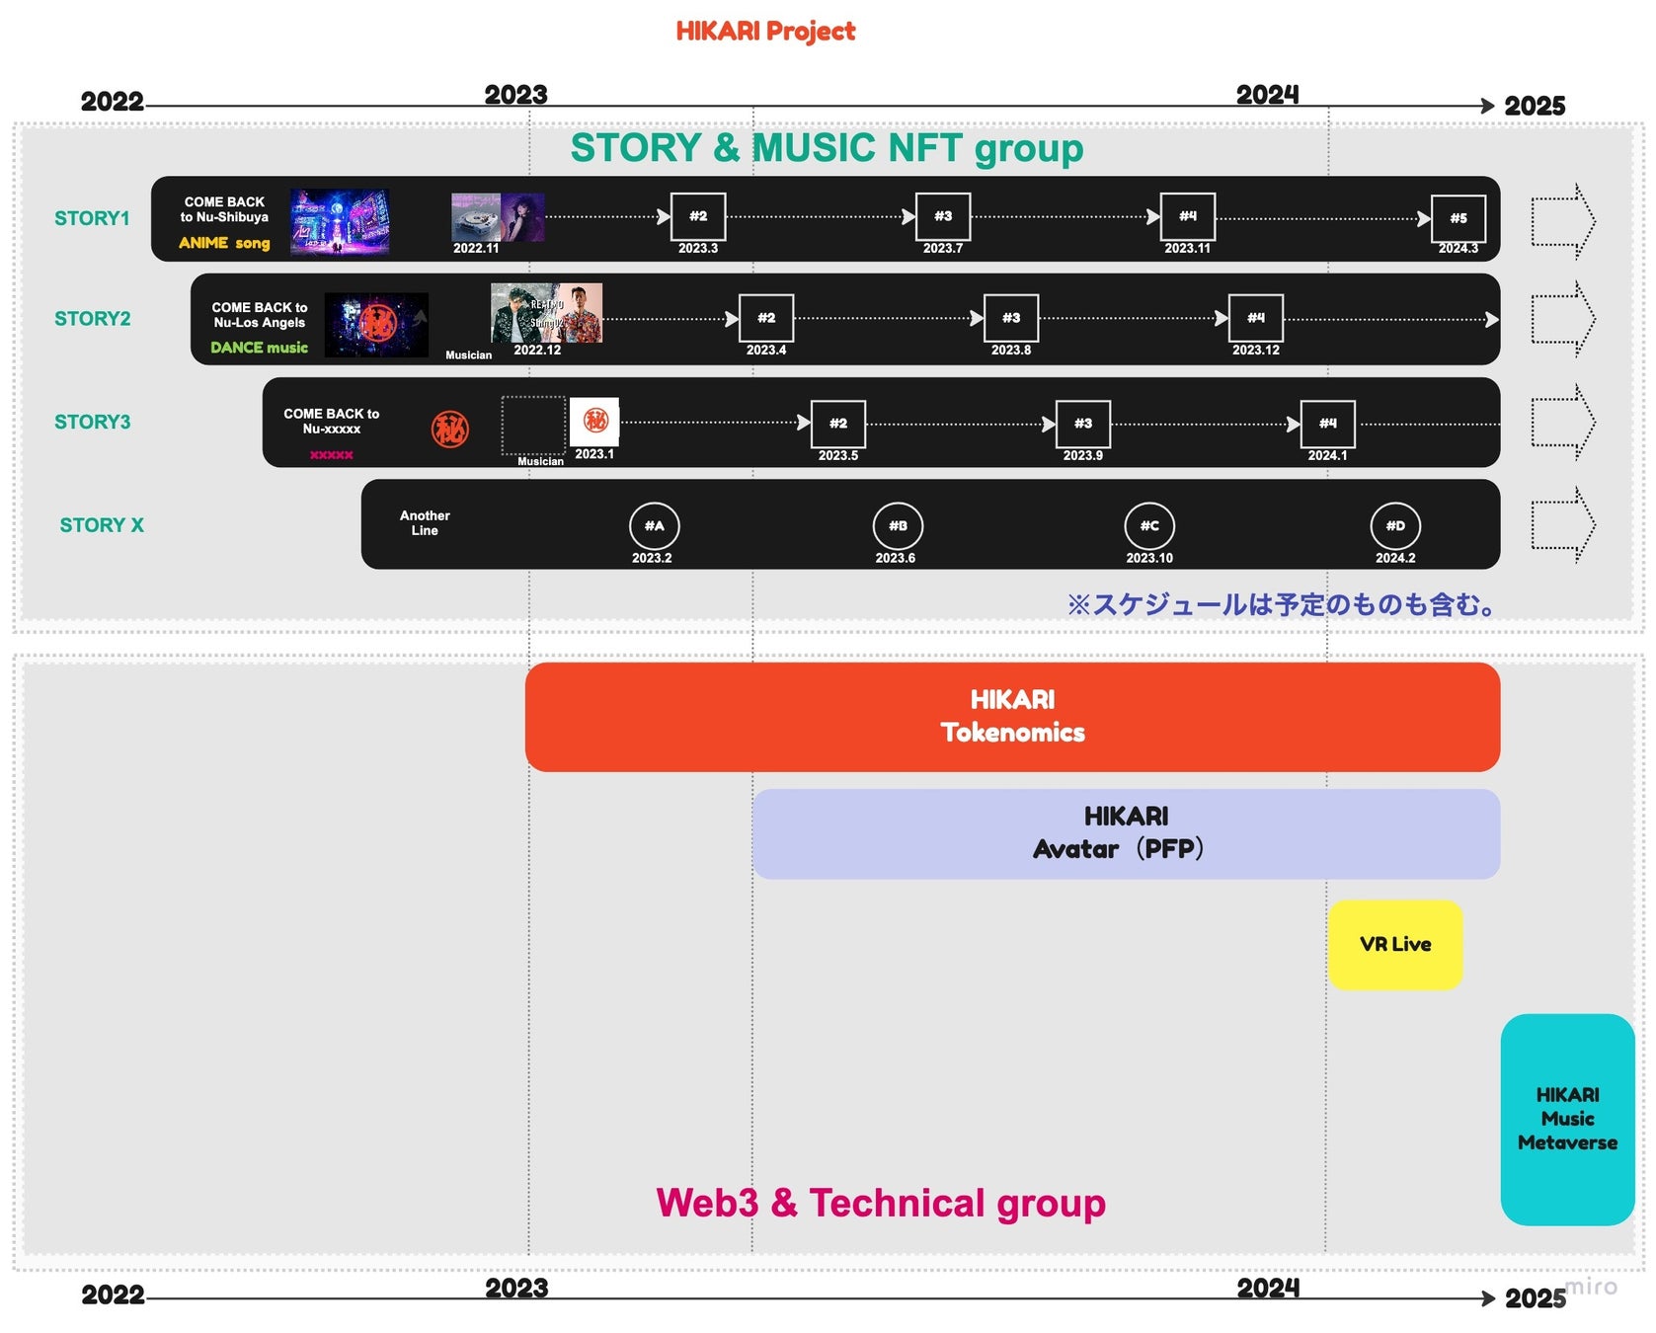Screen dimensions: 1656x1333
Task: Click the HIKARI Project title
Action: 765,32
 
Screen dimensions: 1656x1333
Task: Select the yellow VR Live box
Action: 1394,944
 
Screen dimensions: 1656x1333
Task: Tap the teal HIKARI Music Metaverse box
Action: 1567,1119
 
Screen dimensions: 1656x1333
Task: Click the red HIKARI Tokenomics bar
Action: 1012,717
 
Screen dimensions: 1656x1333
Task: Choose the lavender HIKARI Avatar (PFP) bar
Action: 1126,833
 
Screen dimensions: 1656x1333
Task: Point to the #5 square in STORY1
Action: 1458,218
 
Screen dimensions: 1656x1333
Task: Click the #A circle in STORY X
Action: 654,526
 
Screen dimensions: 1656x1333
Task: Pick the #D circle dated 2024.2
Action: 1394,526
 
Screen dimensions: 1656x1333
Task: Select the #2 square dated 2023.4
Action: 766,318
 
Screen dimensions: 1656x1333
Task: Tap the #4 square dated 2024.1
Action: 1327,424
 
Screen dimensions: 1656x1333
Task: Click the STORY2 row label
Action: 92,319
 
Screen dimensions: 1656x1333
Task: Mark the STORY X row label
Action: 102,525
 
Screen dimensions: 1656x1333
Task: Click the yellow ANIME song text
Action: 224,243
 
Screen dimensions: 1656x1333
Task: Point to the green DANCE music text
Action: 259,348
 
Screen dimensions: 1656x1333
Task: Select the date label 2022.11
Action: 476,249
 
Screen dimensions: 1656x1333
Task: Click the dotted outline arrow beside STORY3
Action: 1563,423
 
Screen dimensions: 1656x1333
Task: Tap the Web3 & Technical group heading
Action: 881,1203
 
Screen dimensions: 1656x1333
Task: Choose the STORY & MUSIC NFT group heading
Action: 827,148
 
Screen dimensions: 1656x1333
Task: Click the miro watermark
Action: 1591,1286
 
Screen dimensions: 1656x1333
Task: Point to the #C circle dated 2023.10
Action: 1149,526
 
